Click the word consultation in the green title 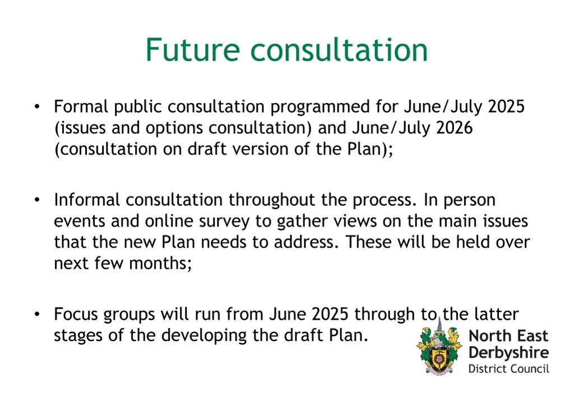tap(339, 50)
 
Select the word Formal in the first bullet tap(81, 106)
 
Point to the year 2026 tap(454, 128)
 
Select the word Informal tap(87, 200)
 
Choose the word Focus tap(77, 314)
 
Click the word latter tap(496, 314)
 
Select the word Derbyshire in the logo tap(508, 353)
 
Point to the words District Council tap(508, 368)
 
